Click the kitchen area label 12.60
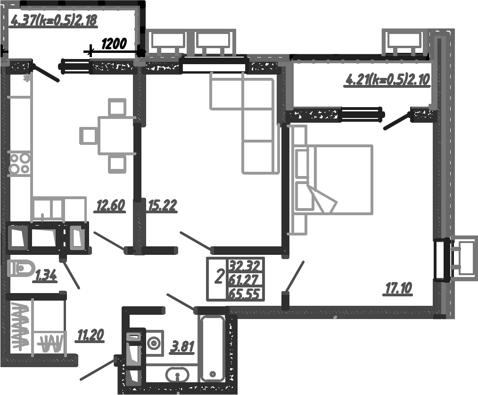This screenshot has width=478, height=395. click(110, 206)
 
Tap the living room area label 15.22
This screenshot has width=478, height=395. click(162, 206)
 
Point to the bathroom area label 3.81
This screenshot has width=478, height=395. click(182, 347)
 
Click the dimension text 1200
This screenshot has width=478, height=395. click(114, 44)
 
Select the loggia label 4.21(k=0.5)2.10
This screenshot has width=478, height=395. click(387, 79)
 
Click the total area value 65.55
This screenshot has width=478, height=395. click(245, 294)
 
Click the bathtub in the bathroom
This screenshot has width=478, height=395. click(214, 348)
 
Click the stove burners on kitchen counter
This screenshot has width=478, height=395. click(20, 163)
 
